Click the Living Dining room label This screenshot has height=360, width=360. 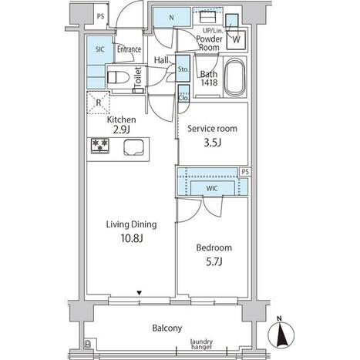(x=131, y=224)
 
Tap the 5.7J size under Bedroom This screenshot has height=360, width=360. (x=214, y=262)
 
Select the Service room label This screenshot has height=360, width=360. (x=212, y=129)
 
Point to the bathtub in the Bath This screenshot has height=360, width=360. (x=234, y=77)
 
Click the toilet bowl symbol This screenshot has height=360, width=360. (x=118, y=77)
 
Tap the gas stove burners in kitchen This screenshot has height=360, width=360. (x=99, y=146)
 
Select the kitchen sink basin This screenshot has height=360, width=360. (x=133, y=148)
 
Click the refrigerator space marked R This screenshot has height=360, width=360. (x=99, y=103)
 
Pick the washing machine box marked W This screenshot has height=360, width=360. (x=236, y=40)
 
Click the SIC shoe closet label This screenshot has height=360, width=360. (x=99, y=49)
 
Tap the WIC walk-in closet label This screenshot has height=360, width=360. (x=212, y=188)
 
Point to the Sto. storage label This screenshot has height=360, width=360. (x=183, y=69)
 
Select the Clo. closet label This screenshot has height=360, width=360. (x=183, y=98)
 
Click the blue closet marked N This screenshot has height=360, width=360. (x=171, y=18)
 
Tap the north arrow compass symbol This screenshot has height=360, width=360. (x=281, y=333)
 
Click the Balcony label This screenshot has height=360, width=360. (x=167, y=328)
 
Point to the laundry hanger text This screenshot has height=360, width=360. (x=201, y=344)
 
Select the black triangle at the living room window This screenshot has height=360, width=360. (x=139, y=293)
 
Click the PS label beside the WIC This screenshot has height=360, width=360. (x=245, y=172)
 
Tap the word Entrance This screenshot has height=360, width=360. (x=129, y=49)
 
